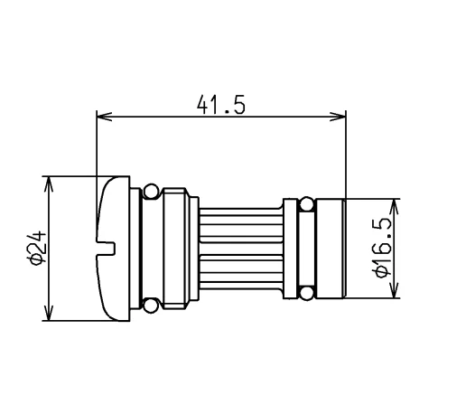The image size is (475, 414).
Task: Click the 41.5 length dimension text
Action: (x=221, y=105)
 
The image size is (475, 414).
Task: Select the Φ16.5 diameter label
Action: (x=383, y=248)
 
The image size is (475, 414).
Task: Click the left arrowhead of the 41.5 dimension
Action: (x=104, y=117)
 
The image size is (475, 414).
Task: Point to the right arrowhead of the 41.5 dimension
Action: (x=338, y=117)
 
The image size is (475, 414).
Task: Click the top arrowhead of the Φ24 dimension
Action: (x=49, y=183)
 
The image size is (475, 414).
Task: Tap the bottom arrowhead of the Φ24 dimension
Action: (x=49, y=313)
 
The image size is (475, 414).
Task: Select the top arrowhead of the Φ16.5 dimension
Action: (x=394, y=206)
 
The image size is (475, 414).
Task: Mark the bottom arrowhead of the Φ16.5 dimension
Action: (x=394, y=290)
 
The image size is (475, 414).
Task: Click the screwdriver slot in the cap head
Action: (x=106, y=248)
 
